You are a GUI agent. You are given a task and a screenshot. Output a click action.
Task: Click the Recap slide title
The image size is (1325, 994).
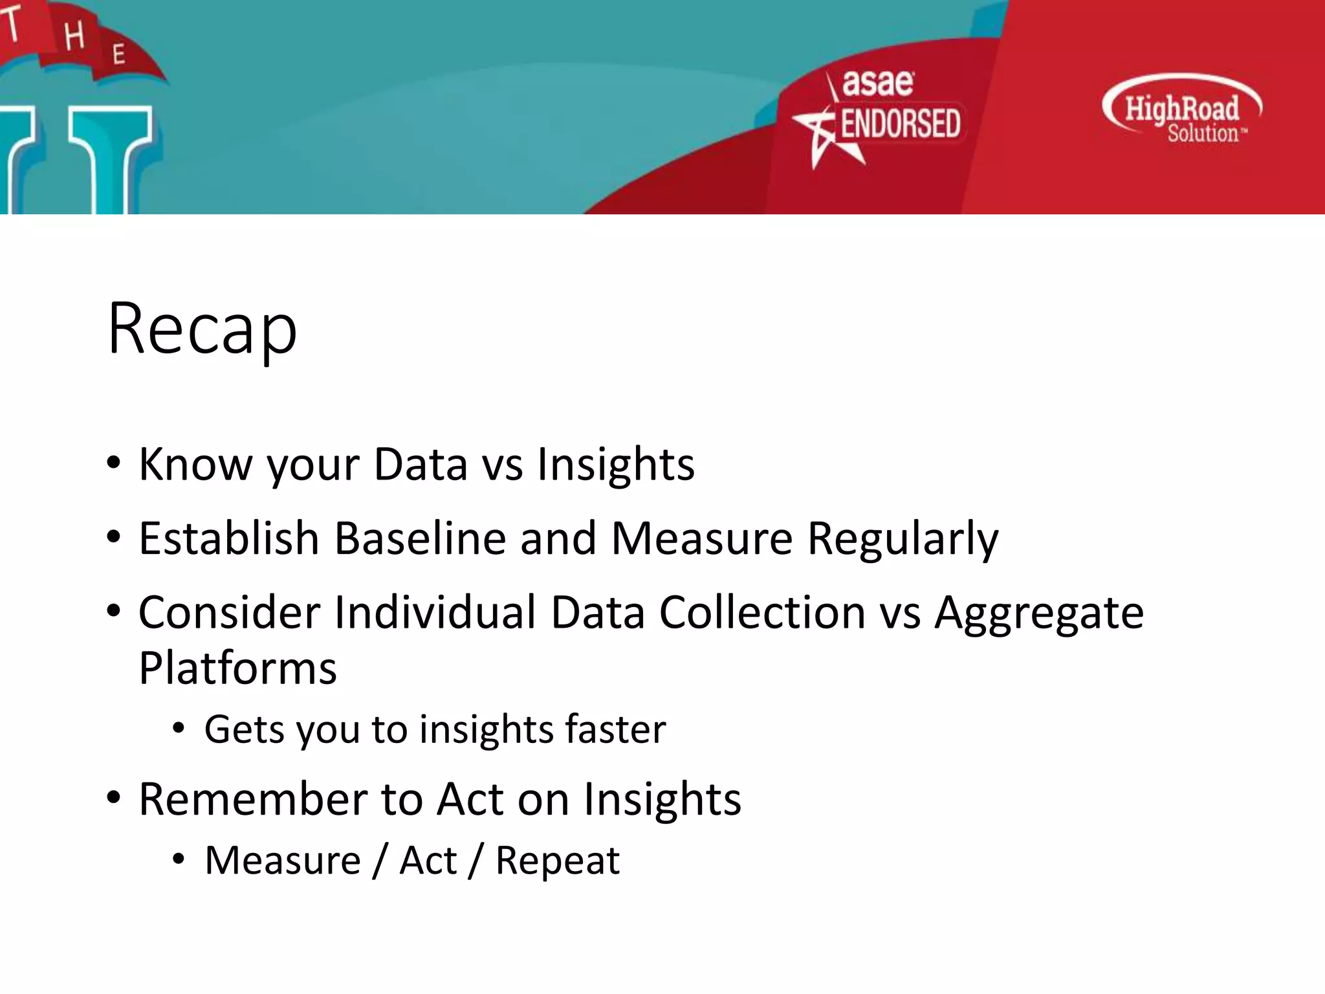coord(202,329)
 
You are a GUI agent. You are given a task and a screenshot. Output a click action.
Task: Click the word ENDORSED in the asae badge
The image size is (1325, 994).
coord(900,124)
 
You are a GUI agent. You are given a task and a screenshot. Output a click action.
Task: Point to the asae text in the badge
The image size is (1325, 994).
coord(878,83)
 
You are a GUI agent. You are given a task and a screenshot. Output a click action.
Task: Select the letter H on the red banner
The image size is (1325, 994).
coord(74,36)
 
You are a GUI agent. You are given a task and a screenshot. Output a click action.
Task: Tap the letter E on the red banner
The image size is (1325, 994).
coord(118,54)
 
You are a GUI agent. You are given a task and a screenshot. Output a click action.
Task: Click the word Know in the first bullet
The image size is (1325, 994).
coord(195,464)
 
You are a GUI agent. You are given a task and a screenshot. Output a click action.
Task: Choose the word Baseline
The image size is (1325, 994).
coord(420,538)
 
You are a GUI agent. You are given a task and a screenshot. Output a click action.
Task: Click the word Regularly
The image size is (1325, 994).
coord(903,538)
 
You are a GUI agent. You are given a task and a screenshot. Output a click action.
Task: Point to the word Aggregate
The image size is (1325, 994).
coord(1039,613)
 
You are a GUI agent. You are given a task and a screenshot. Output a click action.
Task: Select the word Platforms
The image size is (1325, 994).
coord(237,668)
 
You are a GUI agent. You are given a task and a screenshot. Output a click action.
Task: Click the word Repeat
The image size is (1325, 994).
coord(557,861)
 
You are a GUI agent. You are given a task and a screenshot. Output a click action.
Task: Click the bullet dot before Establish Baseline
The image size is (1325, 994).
coord(114,536)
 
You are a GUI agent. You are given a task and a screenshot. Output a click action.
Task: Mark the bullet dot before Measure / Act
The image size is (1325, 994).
coord(179,859)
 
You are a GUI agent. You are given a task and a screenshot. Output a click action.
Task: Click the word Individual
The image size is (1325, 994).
coord(435,613)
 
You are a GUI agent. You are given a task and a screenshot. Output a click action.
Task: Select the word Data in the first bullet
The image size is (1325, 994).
coord(421,464)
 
